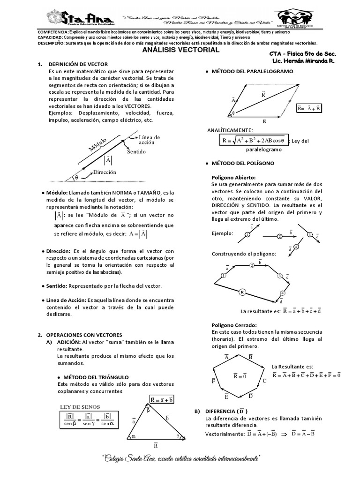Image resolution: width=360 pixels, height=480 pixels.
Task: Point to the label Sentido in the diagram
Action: click(136, 152)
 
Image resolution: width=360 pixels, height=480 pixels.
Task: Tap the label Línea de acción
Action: click(149, 140)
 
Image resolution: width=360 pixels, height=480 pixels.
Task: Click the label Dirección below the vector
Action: click(105, 172)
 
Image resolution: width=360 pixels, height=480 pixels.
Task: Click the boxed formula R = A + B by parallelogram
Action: click(308, 108)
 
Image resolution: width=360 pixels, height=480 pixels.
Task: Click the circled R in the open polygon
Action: click(242, 292)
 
